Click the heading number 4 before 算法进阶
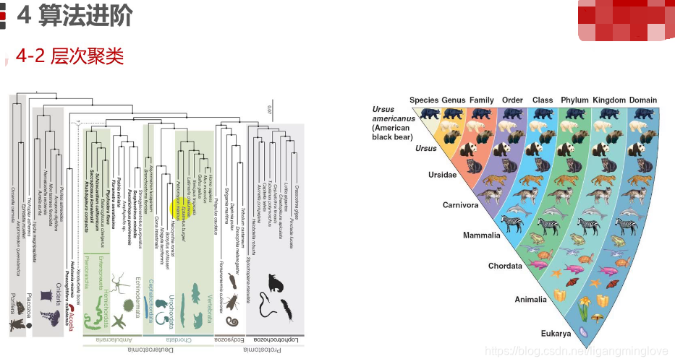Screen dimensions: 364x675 (24, 15)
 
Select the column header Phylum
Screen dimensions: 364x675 (574, 100)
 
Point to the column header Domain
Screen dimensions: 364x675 (643, 100)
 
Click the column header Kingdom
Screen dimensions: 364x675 (608, 100)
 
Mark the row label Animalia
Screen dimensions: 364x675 (531, 299)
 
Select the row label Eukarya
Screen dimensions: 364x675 (556, 334)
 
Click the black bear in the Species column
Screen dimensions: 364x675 (430, 114)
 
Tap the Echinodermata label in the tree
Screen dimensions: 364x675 (135, 294)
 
